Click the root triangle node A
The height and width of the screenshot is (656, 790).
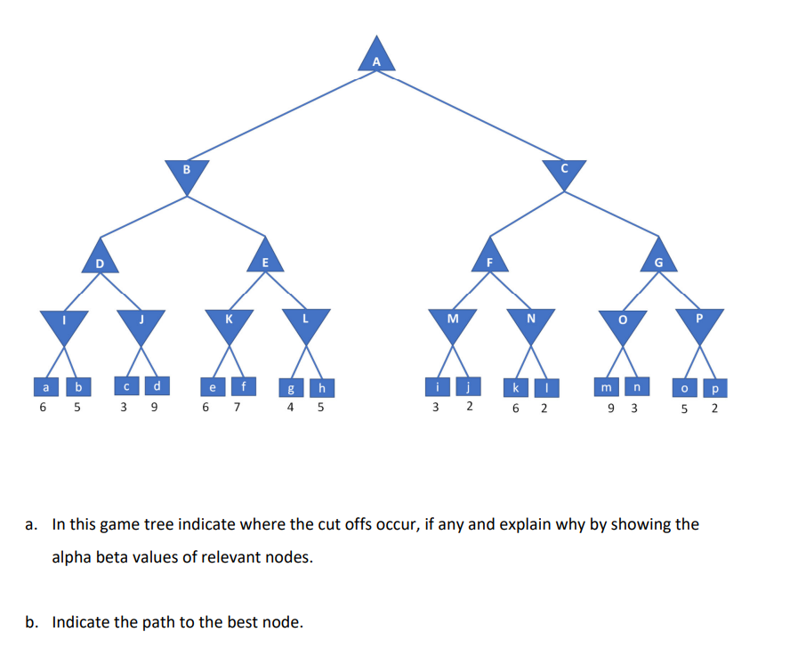[376, 57]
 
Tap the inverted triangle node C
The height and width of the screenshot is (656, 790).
[564, 171]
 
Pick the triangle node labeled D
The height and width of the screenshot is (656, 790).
[100, 258]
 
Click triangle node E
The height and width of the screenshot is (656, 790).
[265, 258]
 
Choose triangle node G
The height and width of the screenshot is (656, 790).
[657, 258]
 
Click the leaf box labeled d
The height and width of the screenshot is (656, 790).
[157, 386]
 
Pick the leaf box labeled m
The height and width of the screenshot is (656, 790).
[607, 387]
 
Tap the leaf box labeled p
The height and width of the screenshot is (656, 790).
[716, 387]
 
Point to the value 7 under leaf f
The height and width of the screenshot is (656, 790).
[236, 409]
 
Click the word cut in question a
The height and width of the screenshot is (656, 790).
[304, 524]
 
